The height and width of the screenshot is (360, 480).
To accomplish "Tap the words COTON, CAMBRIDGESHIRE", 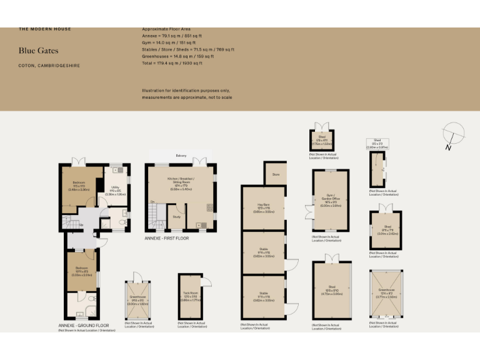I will coord(49,65).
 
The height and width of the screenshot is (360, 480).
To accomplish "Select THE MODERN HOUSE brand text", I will coord(45,29).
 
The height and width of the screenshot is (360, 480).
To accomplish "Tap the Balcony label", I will coord(181,155).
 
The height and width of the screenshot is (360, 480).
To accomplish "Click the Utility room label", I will coord(115,186).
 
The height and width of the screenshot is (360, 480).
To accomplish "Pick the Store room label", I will coord(275,174).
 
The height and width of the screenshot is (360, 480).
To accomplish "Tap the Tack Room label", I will coord(189,296).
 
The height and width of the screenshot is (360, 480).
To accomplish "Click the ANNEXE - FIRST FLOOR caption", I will coord(167,238).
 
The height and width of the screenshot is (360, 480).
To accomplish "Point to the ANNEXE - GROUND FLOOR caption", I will coord(84,325).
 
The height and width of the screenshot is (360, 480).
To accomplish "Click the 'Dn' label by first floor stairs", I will coord(152,202).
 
